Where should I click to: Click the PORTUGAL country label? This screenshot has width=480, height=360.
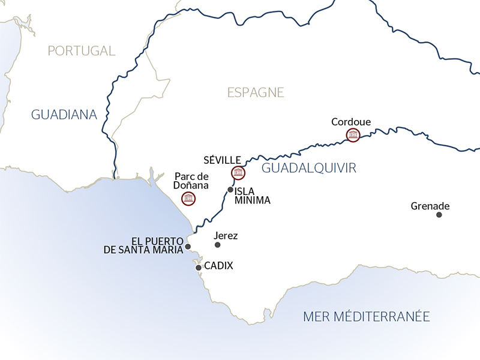(82, 51)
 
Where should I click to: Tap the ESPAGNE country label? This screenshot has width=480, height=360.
(256, 92)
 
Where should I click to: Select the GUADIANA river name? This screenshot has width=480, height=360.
(64, 114)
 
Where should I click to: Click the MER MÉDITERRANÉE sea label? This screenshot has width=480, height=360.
(367, 316)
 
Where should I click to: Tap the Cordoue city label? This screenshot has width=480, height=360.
(351, 122)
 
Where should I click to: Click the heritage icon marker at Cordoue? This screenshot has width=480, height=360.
(353, 136)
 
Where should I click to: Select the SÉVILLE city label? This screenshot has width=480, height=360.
(223, 160)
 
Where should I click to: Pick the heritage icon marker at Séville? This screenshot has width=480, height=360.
(238, 173)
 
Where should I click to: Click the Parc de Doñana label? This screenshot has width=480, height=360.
(191, 181)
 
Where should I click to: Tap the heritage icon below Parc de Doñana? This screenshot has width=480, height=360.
(188, 199)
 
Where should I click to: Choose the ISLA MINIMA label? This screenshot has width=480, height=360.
(252, 196)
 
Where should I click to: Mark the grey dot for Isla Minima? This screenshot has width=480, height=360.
(230, 190)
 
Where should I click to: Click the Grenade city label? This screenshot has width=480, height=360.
(430, 206)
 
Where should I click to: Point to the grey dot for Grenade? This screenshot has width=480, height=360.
(439, 215)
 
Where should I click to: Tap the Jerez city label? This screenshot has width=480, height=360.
(226, 236)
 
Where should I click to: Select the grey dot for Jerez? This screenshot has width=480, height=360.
(217, 245)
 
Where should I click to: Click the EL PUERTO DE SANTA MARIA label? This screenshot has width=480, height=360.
(143, 245)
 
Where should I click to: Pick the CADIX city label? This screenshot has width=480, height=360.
(218, 265)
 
